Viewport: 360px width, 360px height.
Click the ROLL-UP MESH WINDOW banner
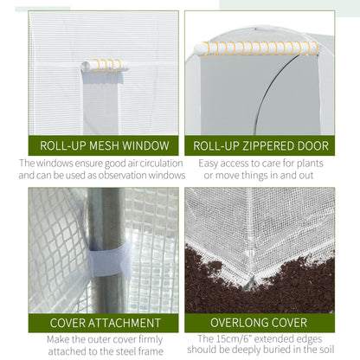click(103, 145)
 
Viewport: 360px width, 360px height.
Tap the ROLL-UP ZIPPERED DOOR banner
click(260, 145)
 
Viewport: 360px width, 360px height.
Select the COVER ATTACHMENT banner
click(103, 324)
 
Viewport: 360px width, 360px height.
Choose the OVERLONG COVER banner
click(260, 324)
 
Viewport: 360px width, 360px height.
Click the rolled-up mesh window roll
click(104, 66)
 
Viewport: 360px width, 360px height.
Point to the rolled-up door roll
click(254, 48)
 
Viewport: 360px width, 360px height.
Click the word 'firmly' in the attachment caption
click(159, 339)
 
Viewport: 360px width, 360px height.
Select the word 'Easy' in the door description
click(212, 162)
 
